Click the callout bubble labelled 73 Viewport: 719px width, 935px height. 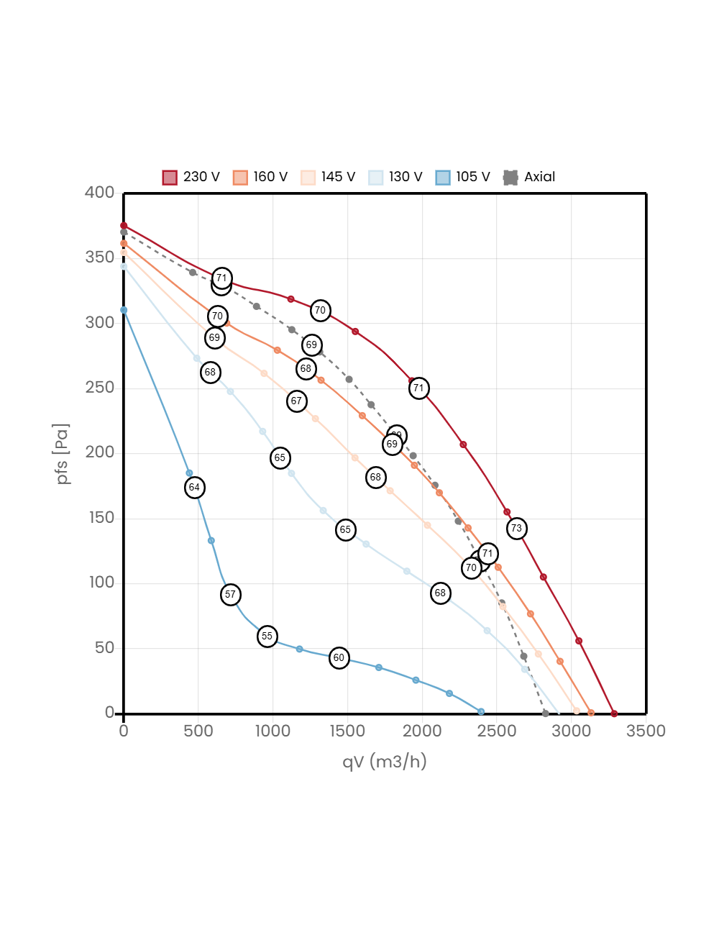coord(516,529)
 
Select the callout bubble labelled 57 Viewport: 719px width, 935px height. coord(230,595)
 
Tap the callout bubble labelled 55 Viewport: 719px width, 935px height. coord(267,637)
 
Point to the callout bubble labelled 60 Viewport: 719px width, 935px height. coord(339,658)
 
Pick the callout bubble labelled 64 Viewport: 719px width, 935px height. coord(194,488)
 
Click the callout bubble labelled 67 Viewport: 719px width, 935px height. coord(297,401)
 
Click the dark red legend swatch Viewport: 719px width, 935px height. coord(170,178)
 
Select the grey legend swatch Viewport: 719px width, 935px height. coord(510,178)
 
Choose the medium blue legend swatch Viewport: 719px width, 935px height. coord(443,178)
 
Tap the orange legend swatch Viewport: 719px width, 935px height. coord(240,178)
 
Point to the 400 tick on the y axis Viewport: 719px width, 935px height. coord(99,192)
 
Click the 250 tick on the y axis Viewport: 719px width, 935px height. coord(99,387)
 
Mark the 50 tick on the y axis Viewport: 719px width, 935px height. coord(104,647)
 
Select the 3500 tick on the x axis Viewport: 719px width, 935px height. coord(646,731)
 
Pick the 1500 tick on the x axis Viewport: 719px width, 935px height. coord(347,731)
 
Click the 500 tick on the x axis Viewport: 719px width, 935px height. coord(198,731)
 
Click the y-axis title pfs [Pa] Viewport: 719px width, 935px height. coord(63,454)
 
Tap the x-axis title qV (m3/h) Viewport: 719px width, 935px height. coord(385,762)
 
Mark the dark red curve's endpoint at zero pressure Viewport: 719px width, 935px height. coord(614,713)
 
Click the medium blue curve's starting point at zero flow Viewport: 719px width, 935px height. coord(124,310)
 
